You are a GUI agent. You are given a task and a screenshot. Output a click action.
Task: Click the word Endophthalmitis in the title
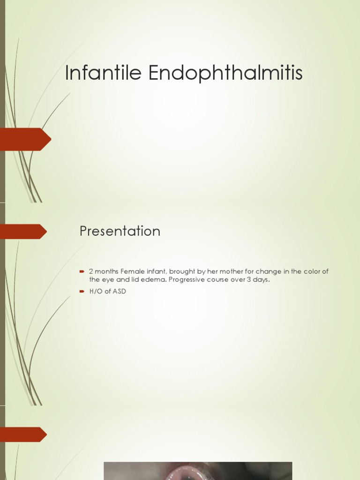click(x=225, y=73)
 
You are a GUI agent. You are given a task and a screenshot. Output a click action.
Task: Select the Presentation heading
click(x=120, y=231)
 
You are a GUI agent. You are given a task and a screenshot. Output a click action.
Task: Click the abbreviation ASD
click(x=119, y=291)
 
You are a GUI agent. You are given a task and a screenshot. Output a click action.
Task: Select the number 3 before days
click(x=249, y=280)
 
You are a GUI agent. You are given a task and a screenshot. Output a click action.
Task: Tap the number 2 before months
click(x=91, y=271)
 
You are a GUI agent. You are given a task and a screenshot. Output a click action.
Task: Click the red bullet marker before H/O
click(x=82, y=291)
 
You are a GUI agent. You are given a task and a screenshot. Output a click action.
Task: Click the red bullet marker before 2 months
click(x=82, y=271)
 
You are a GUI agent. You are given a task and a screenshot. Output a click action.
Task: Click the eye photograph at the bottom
click(x=197, y=471)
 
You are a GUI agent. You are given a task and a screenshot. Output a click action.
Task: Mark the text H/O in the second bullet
click(x=96, y=291)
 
